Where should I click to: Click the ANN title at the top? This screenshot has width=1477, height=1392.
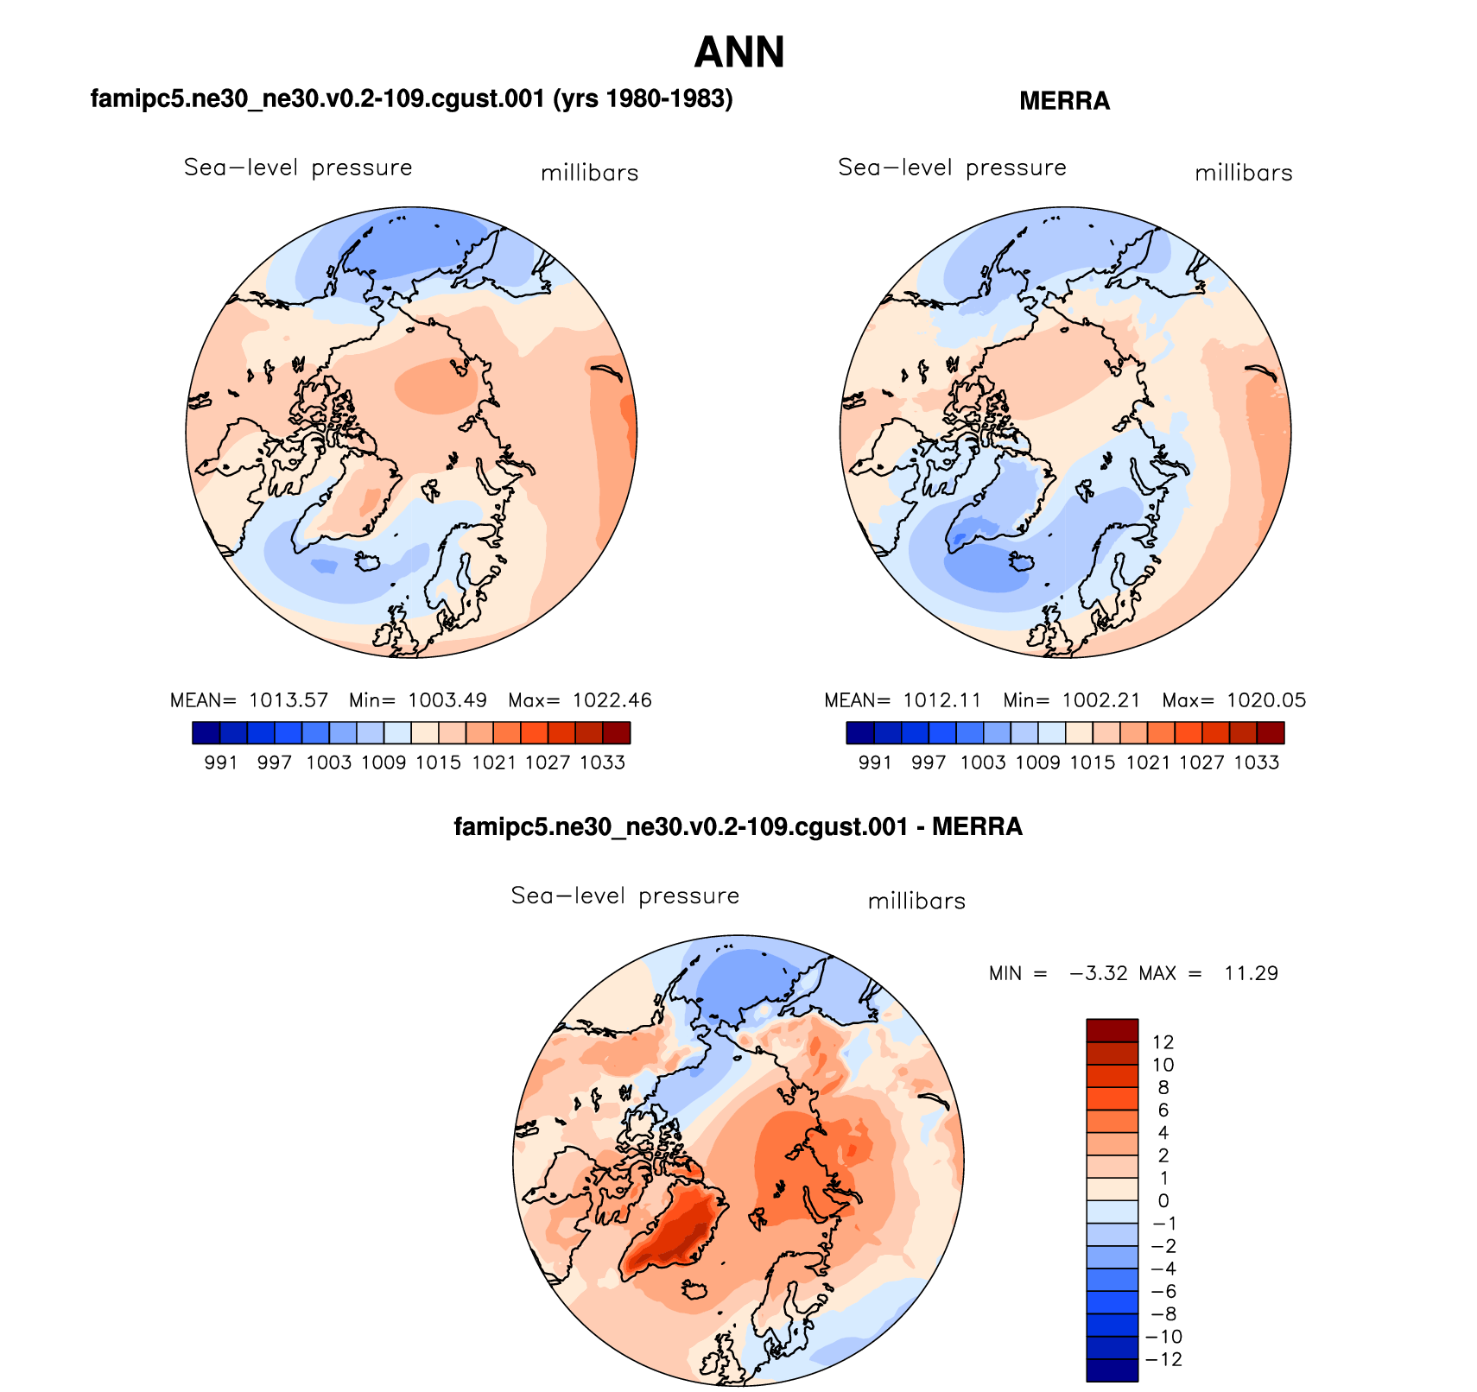(738, 53)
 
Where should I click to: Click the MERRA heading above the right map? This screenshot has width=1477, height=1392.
(1064, 101)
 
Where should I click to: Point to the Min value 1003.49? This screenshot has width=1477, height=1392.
(447, 700)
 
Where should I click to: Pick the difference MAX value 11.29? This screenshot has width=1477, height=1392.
(1251, 973)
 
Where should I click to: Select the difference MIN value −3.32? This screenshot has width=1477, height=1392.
(1099, 973)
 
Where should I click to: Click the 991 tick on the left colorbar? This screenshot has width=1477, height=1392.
(221, 762)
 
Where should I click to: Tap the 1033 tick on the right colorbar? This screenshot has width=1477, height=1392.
(1257, 762)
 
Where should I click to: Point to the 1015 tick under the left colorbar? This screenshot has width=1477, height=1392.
(439, 762)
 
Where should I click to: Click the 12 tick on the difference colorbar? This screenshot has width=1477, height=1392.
(1163, 1042)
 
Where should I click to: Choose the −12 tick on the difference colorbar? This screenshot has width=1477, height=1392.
(1163, 1359)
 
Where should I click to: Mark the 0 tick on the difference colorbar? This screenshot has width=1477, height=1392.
(1163, 1200)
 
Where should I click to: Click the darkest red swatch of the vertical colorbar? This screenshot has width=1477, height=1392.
(1112, 1030)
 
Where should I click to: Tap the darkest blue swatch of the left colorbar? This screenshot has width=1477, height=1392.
(206, 733)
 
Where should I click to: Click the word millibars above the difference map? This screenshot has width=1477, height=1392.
(916, 902)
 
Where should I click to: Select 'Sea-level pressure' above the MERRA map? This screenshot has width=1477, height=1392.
(952, 168)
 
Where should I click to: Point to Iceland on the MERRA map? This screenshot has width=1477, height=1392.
(1023, 562)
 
